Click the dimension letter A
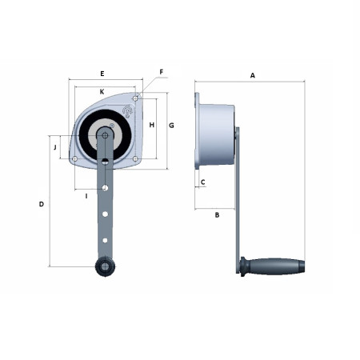252,75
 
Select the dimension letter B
217,214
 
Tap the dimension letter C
202,182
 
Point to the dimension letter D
42,204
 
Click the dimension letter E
102,74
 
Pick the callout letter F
161,72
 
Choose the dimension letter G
171,125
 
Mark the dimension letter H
152,125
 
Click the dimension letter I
86,196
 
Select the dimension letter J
55,147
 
